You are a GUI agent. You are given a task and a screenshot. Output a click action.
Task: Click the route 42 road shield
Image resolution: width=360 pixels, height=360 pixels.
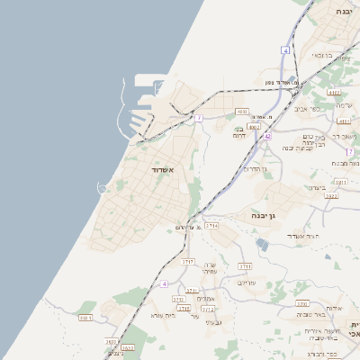point(267,136)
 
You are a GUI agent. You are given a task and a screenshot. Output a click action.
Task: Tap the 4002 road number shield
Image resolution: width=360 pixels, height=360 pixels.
point(255,127)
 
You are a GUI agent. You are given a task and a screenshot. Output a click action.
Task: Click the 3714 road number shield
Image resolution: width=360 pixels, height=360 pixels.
point(211,226)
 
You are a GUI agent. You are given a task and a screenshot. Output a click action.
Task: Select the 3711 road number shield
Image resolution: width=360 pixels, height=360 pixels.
point(245,266)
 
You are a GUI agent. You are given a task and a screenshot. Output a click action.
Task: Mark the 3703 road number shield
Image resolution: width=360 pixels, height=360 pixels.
point(188,261)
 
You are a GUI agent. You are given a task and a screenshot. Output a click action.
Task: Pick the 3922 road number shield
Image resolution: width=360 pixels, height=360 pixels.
point(331,194)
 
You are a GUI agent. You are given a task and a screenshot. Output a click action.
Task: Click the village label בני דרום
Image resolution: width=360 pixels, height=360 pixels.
point(238,132)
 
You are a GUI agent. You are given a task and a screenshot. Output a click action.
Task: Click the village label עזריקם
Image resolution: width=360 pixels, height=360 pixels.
point(247,283)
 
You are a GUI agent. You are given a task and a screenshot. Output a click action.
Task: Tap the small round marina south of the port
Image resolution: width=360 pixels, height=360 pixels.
point(101,187)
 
